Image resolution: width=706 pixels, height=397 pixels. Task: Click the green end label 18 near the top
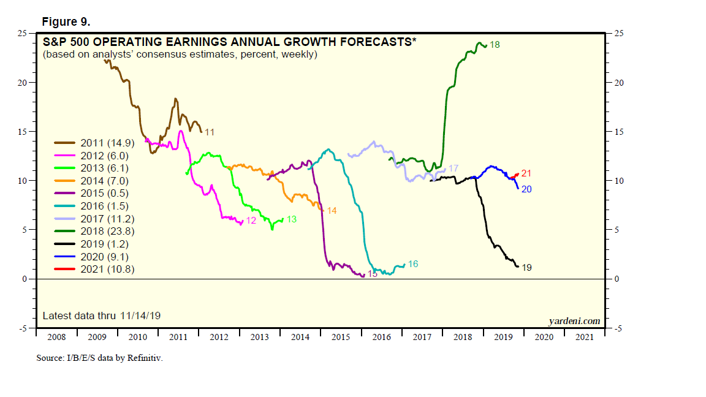pos(495,45)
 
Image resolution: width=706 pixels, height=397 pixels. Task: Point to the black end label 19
pos(526,268)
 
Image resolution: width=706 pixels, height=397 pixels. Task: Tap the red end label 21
pos(526,174)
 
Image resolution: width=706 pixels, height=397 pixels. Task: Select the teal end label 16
pos(413,264)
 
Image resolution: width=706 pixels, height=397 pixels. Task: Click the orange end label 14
pos(332,211)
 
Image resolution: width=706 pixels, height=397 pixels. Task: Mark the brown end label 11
pos(209,132)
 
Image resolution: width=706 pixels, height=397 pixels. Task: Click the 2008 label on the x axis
pos(56,337)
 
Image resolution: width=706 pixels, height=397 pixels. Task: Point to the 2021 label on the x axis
pos(584,337)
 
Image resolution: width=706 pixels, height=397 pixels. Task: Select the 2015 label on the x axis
pos(341,337)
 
